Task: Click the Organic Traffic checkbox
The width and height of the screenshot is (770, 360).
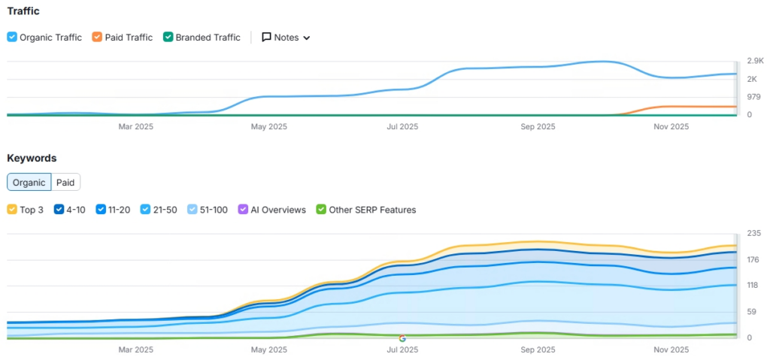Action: [12, 38]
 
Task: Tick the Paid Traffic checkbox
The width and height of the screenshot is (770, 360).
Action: [97, 38]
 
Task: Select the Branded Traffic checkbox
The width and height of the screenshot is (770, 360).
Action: [168, 38]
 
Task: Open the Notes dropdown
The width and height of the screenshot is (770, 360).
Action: [286, 38]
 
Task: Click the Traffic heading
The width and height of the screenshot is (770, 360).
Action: [23, 11]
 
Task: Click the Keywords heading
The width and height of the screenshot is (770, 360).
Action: [32, 158]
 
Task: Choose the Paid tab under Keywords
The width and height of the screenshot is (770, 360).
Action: [65, 182]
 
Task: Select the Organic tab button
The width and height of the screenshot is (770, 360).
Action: [29, 182]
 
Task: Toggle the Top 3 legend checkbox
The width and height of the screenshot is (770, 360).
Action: [12, 210]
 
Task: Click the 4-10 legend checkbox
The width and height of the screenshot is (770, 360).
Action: [59, 210]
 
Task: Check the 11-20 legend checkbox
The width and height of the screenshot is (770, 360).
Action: [100, 210]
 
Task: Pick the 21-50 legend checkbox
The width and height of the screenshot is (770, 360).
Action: [145, 210]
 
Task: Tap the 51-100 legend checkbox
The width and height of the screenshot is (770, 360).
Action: [192, 210]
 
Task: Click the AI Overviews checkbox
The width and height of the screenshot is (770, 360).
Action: [242, 210]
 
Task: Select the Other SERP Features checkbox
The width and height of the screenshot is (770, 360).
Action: [321, 210]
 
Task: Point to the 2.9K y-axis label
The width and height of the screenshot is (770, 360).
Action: [755, 61]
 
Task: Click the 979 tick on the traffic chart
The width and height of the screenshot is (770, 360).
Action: [754, 97]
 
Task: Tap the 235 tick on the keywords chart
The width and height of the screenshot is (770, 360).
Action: [754, 233]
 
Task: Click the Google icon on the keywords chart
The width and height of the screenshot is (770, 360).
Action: [402, 338]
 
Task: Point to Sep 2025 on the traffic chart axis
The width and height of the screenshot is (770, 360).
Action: [538, 127]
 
